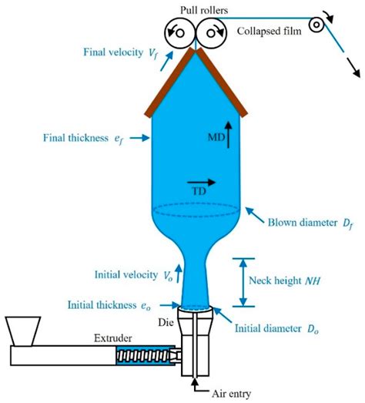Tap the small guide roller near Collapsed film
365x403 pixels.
316,25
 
